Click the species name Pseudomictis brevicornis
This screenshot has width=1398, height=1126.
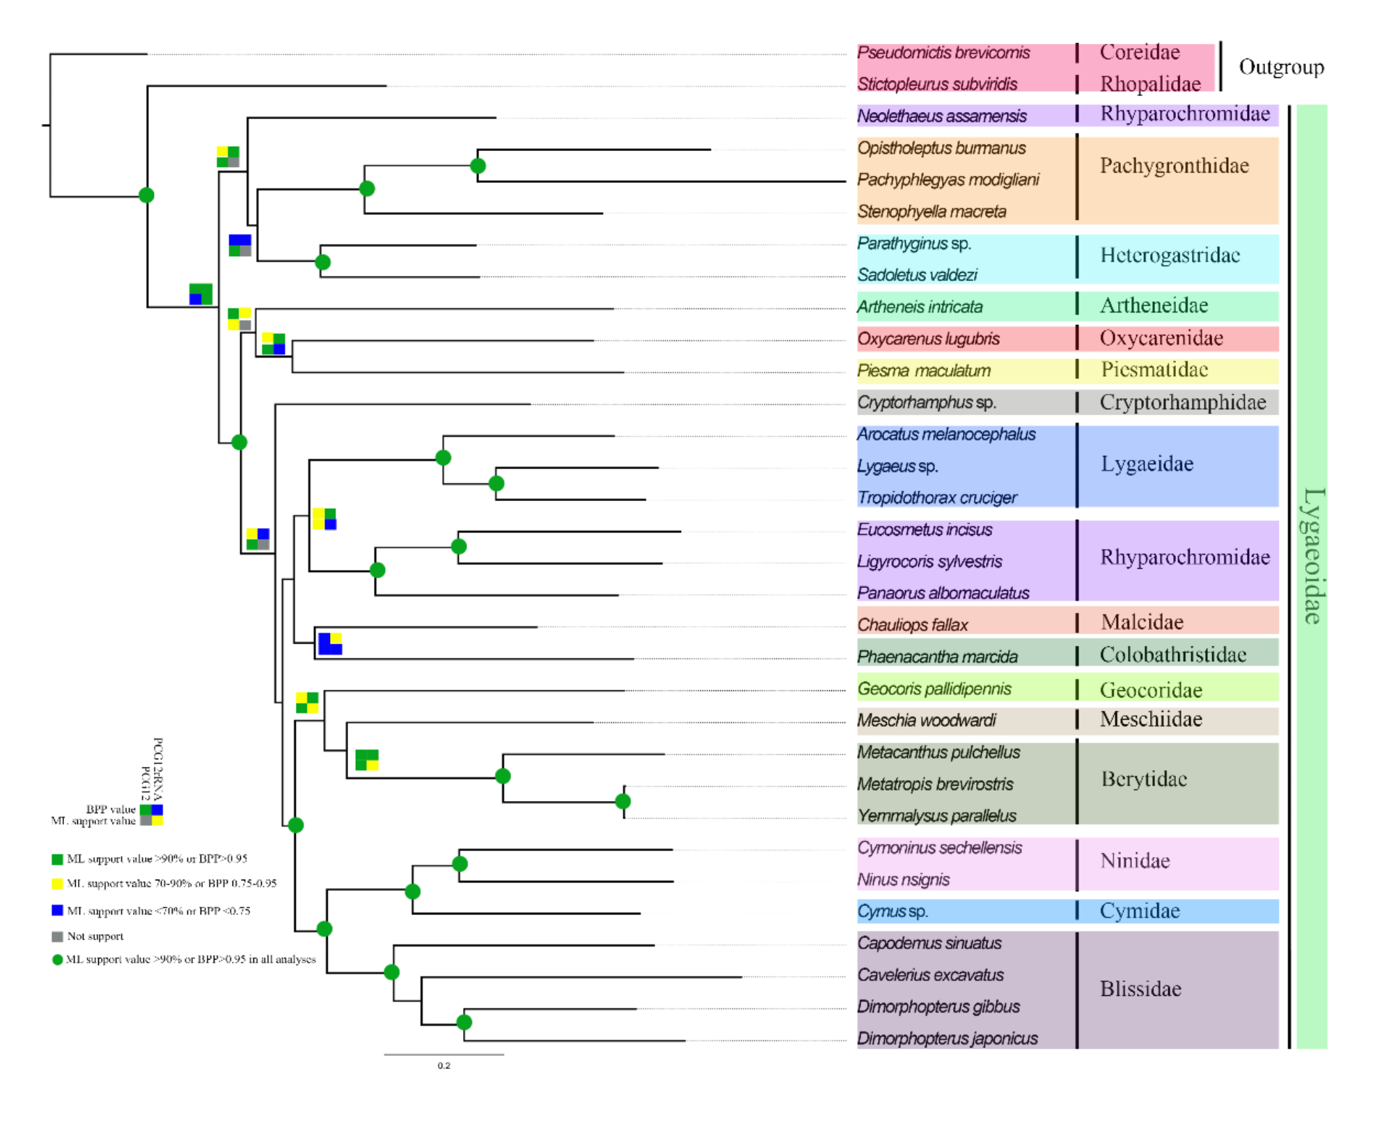coord(943,53)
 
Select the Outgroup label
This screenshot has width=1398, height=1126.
coord(1280,68)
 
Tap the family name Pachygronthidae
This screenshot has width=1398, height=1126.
coord(1174,166)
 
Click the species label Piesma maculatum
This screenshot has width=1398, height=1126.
coord(923,371)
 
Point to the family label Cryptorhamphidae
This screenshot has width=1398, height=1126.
coord(1182,403)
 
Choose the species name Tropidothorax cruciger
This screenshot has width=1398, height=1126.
coord(936,498)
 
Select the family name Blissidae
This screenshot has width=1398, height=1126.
coord(1140,989)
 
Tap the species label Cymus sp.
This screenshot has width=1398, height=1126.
coord(892,912)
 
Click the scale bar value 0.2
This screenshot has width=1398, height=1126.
coord(444,1066)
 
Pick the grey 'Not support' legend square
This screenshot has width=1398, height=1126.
coord(58,937)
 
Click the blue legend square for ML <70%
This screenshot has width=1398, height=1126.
coord(58,911)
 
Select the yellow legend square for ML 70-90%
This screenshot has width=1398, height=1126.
coord(58,884)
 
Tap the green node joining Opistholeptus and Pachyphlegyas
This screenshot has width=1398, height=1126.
coord(478,166)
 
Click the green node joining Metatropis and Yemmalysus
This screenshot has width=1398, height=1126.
coord(623,802)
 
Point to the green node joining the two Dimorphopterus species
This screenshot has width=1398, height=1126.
coord(464,1022)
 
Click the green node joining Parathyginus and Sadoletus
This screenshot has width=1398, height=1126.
coord(322,262)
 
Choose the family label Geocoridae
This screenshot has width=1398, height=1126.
coord(1151,690)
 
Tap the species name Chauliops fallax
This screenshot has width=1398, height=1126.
coord(912,625)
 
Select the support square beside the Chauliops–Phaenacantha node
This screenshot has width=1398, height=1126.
coord(330,644)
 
